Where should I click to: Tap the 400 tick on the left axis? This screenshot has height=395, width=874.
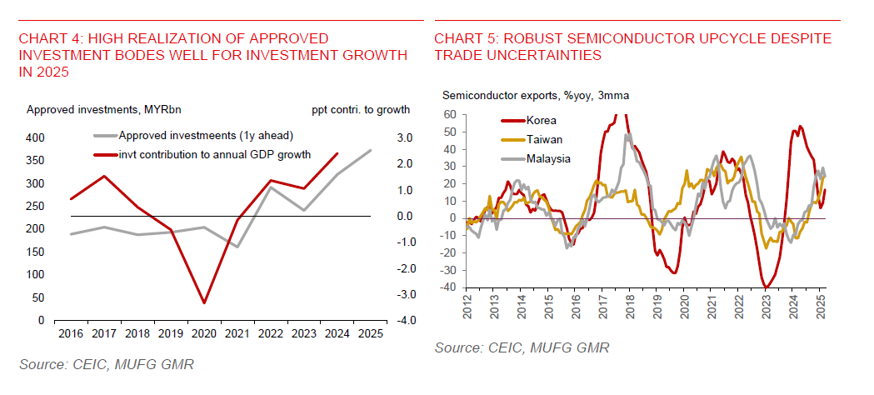pyautogui.click(x=37, y=137)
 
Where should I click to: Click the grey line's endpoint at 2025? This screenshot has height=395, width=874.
pyautogui.click(x=371, y=151)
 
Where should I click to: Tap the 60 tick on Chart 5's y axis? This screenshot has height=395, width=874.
pyautogui.click(x=449, y=115)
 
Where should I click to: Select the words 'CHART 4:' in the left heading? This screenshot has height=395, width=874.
pyautogui.click(x=49, y=38)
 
